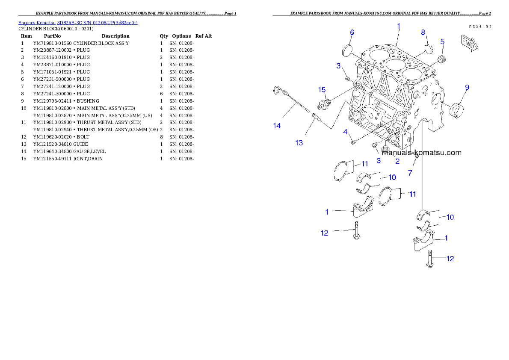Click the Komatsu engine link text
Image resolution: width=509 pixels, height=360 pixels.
coord(77,22)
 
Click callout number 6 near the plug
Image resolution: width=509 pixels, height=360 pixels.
coord(352,32)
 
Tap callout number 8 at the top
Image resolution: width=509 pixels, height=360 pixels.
coord(423,32)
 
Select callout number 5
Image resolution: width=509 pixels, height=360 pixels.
coord(442,41)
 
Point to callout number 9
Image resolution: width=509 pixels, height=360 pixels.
coord(467,87)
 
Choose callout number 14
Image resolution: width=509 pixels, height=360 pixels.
coord(277,125)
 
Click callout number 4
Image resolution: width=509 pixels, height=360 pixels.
coord(345,132)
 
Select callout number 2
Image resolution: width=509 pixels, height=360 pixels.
coord(397,161)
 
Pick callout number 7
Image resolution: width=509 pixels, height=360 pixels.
coord(410,173)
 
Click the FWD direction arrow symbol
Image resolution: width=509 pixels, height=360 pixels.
coord(469,43)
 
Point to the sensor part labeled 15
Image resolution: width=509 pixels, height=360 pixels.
coord(325,103)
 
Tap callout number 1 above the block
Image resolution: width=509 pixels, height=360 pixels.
coord(398,26)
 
